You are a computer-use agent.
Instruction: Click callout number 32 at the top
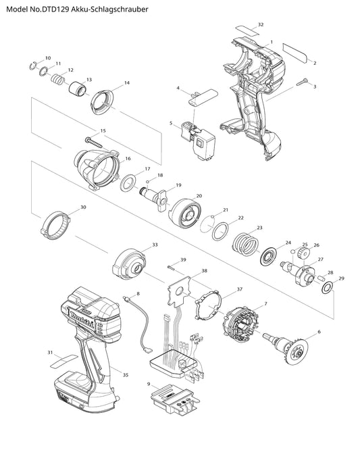click(x=261, y=24)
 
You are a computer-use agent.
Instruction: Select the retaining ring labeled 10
click(x=33, y=66)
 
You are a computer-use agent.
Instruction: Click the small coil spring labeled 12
click(x=57, y=79)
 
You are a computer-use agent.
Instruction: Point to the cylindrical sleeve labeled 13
click(x=78, y=89)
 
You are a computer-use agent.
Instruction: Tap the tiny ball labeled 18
click(x=147, y=181)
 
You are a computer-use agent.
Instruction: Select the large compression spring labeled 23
click(x=245, y=244)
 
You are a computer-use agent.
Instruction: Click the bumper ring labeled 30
click(x=55, y=226)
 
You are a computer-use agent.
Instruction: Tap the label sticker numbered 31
click(x=64, y=362)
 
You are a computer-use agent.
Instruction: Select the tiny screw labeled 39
click(x=172, y=267)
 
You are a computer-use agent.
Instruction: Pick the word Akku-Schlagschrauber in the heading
click(x=110, y=9)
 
